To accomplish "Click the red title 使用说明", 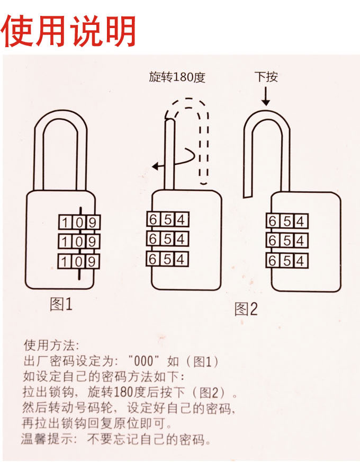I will point(69,31).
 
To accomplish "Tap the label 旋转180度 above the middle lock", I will point(177,77).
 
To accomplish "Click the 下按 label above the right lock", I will point(266,77).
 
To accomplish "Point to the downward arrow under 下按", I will point(266,96).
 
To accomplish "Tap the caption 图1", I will point(60,304).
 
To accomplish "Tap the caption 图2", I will point(246,309).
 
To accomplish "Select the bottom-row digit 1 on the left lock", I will point(64,261).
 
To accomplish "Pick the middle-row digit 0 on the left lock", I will point(78,242).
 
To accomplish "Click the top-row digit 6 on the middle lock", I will point(153,219).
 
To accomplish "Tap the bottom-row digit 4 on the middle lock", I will point(181,259).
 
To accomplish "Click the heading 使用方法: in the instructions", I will point(51,345).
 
